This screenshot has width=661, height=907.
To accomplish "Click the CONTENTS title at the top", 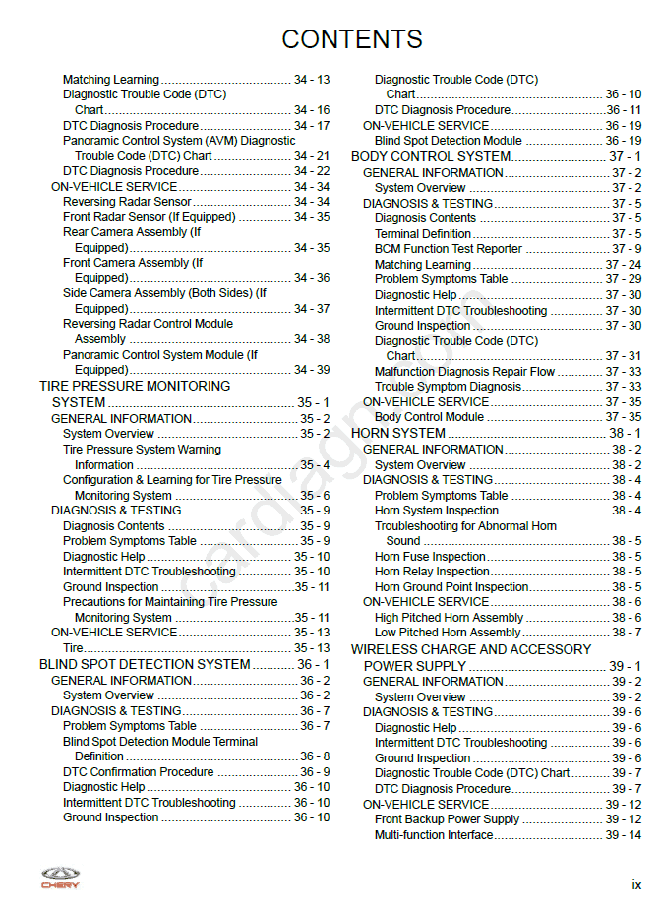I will click(x=352, y=39).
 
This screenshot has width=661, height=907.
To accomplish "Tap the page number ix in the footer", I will click(x=636, y=885).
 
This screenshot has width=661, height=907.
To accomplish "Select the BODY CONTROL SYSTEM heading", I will click(x=431, y=156).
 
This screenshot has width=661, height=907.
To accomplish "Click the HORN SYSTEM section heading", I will click(x=398, y=433).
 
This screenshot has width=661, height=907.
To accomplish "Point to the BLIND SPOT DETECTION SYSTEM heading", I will click(x=145, y=664).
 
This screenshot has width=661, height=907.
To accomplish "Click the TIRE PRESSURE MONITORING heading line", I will click(x=135, y=386).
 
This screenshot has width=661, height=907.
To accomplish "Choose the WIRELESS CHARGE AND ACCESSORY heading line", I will click(x=471, y=649).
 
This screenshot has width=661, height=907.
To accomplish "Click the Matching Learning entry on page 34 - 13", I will click(x=110, y=80).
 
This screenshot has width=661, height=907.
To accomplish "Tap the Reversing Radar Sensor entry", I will click(x=127, y=202).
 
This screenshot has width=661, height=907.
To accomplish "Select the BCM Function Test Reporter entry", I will click(x=449, y=249).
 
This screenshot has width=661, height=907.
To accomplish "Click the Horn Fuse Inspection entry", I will click(x=430, y=557).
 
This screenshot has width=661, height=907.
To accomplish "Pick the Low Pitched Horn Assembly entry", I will click(x=448, y=633).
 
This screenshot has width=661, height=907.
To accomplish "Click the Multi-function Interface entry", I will click(x=434, y=835).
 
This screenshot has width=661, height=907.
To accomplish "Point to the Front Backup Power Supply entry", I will click(x=447, y=819).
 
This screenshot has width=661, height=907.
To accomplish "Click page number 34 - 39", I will click(x=312, y=370).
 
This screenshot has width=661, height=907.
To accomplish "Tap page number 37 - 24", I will click(x=624, y=265).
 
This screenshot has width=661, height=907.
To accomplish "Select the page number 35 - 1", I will click(x=314, y=402).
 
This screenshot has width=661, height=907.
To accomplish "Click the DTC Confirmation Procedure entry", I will click(x=139, y=772).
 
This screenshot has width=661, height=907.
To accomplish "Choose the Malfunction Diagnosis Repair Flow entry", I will click(x=464, y=372).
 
